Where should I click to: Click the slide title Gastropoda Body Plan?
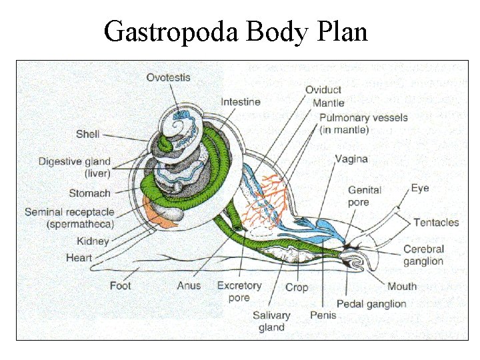pyautogui.click(x=236, y=31)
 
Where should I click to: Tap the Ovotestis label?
pyautogui.click(x=168, y=77)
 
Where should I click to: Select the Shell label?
pyautogui.click(x=87, y=134)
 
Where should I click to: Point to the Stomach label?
pyautogui.click(x=89, y=193)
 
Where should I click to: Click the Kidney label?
pyautogui.click(x=93, y=241)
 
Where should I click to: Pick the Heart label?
pyautogui.click(x=79, y=257)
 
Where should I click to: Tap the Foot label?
pyautogui.click(x=121, y=286)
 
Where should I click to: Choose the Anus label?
pyautogui.click(x=189, y=286)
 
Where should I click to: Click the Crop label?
pyautogui.click(x=297, y=287)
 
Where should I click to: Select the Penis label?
pyautogui.click(x=323, y=314)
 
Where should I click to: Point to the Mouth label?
pyautogui.click(x=402, y=287)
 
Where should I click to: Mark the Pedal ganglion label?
pyautogui.click(x=371, y=304)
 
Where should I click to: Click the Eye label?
pyautogui.click(x=420, y=189)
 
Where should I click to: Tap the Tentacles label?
pyautogui.click(x=436, y=222)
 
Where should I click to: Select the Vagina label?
pyautogui.click(x=351, y=159)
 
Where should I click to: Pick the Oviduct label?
pyautogui.click(x=323, y=90)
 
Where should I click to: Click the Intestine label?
pyautogui.click(x=241, y=102)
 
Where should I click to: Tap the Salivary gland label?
pyautogui.click(x=271, y=321)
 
